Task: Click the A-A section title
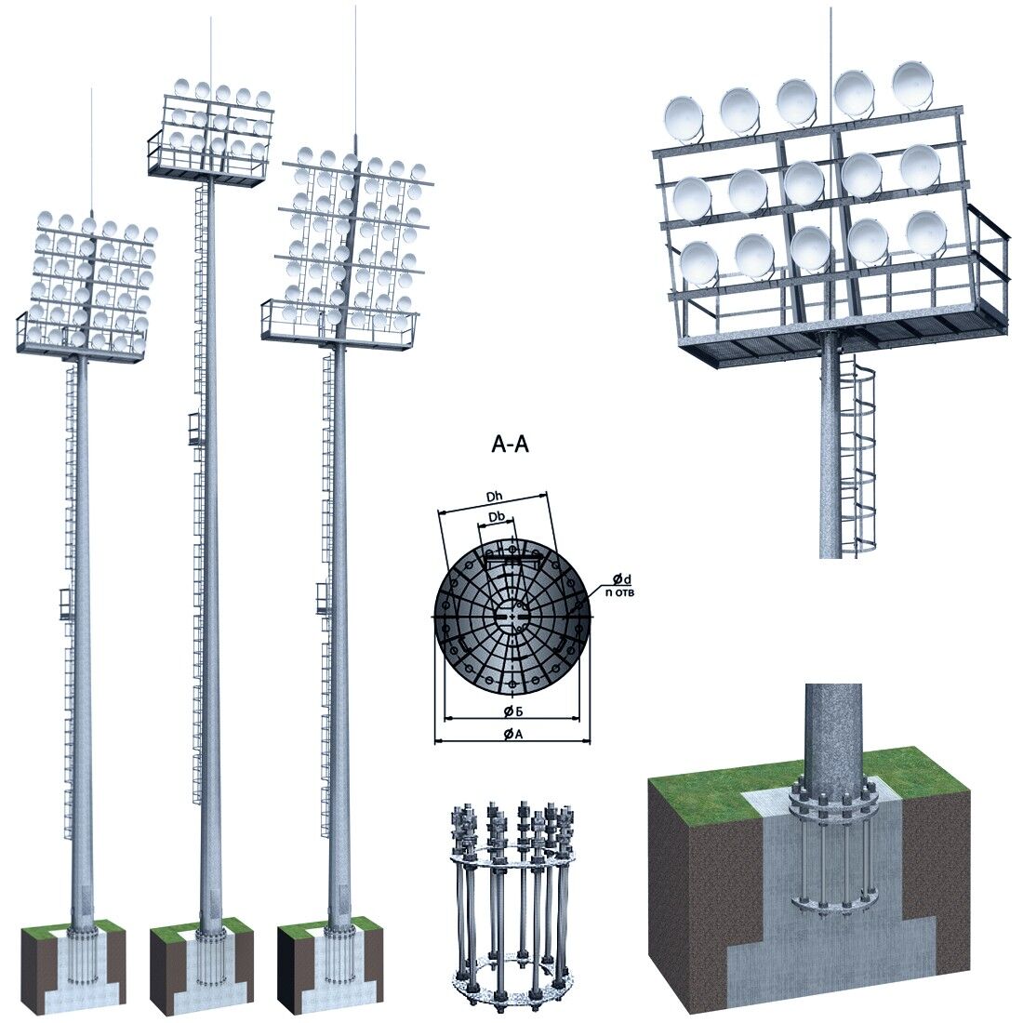[x=510, y=445]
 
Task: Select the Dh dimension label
[x=494, y=497]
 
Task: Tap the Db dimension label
[x=498, y=517]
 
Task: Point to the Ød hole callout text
[x=622, y=578]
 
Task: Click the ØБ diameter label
[x=512, y=711]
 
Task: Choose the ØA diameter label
[x=512, y=735]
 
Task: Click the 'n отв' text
[x=619, y=592]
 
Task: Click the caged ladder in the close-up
[x=858, y=454]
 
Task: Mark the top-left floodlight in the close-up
[x=684, y=120]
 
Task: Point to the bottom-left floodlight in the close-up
[x=699, y=262]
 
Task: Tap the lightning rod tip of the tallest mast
[x=210, y=19]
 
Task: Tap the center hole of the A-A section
[x=512, y=616]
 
